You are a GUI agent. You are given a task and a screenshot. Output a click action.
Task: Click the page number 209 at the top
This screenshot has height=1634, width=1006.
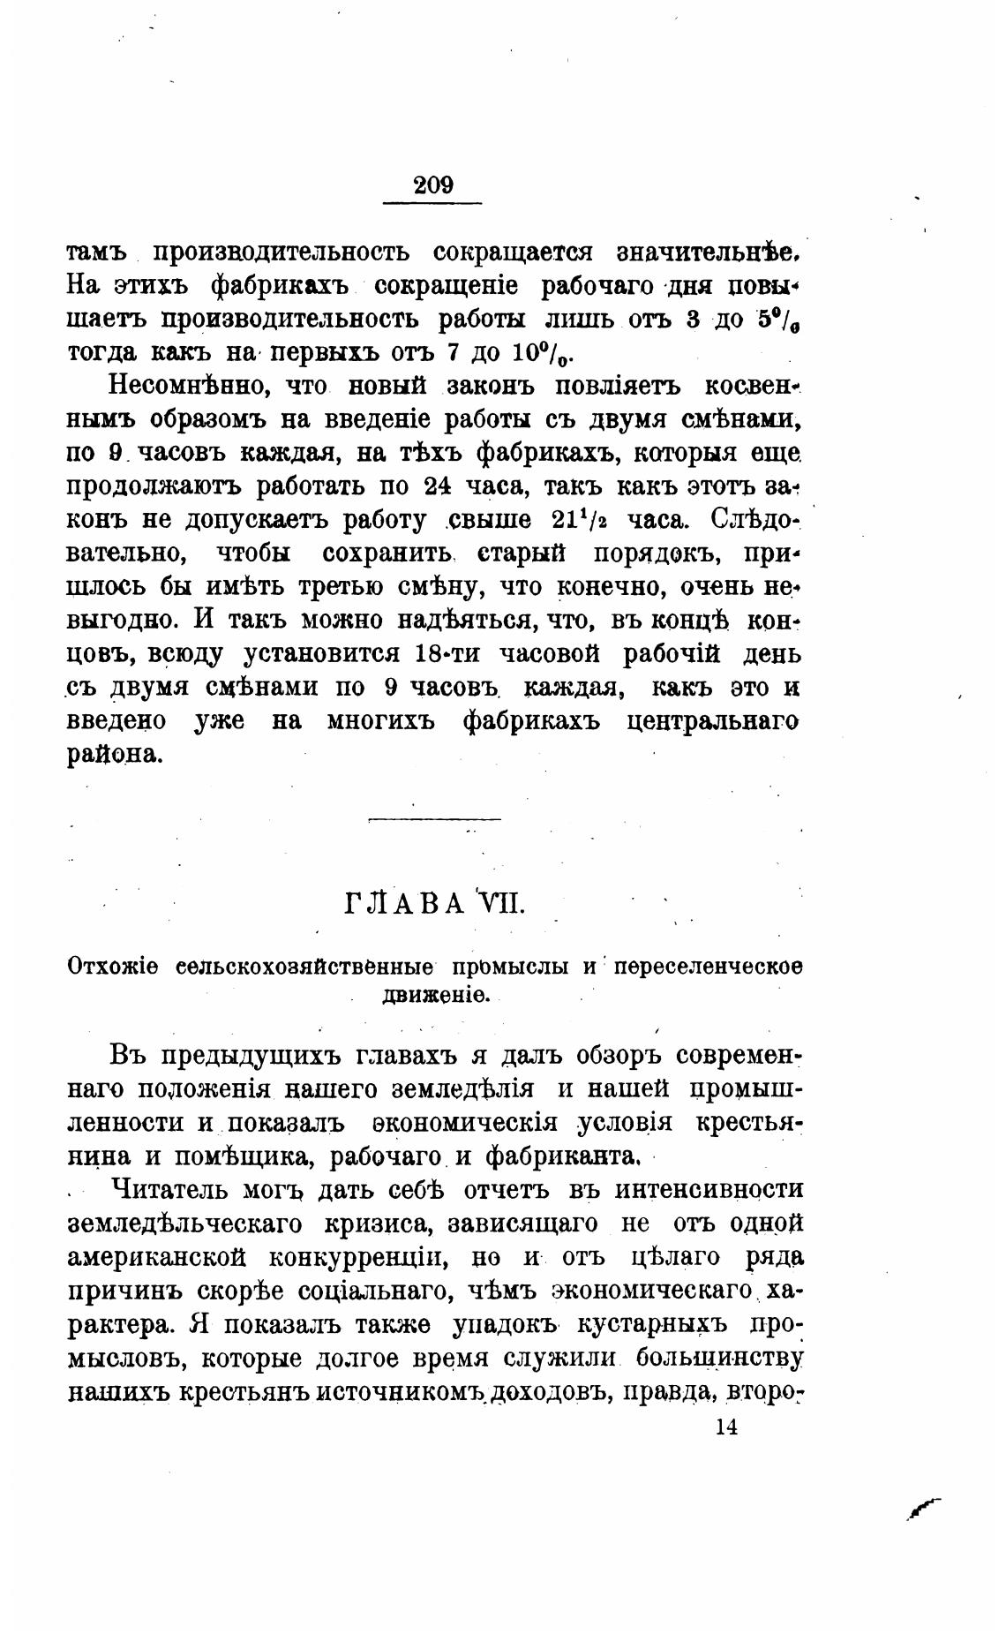tap(432, 184)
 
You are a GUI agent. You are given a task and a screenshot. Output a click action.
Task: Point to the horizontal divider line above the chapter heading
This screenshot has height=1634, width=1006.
tap(433, 820)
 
